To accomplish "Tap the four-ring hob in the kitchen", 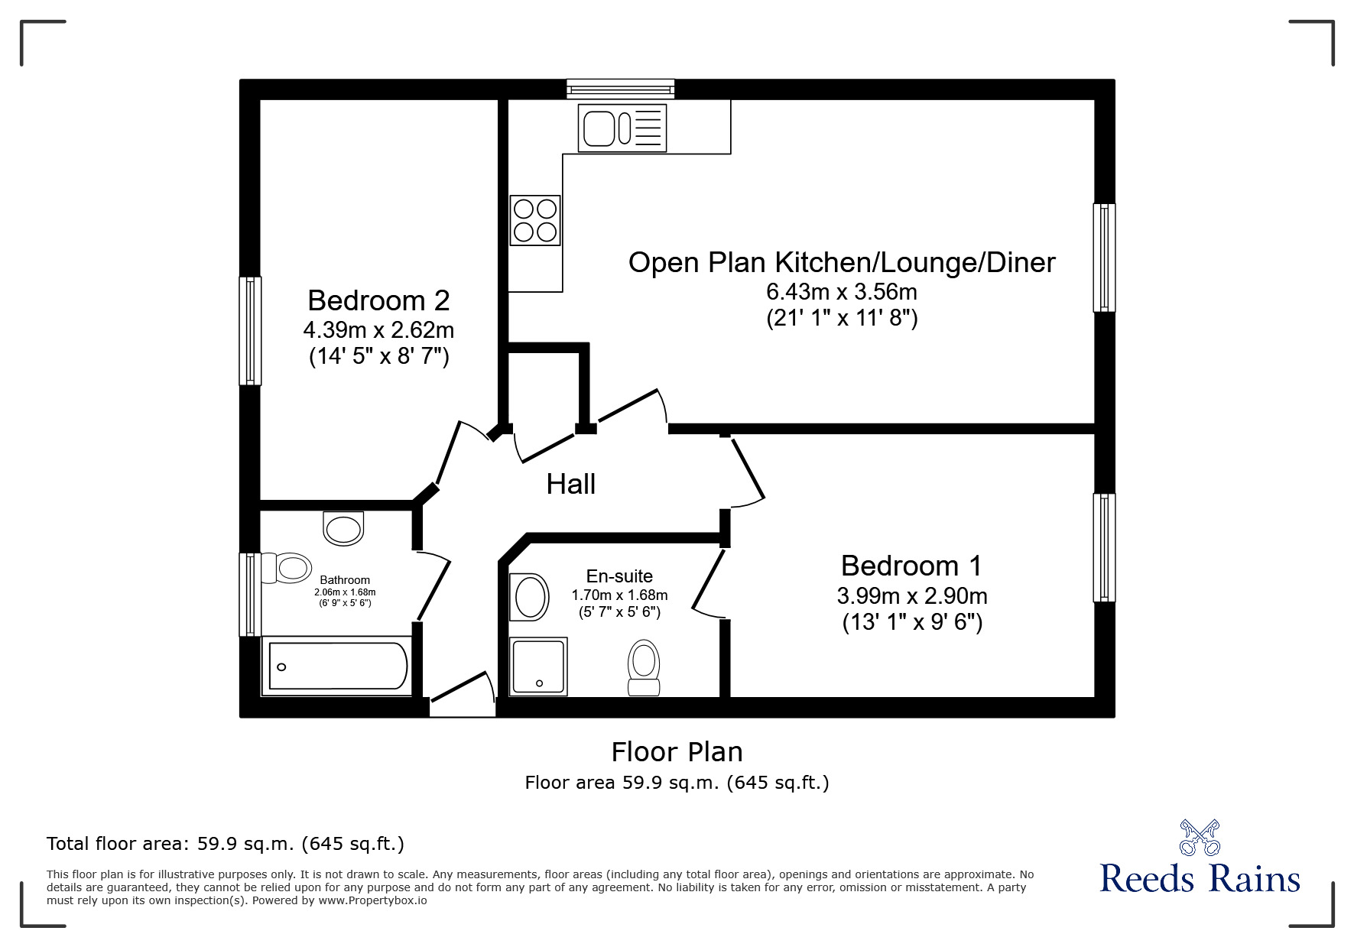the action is (535, 220).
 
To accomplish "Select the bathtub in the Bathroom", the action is (337, 666).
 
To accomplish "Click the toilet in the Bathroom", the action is (286, 568).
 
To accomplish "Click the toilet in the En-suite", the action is (644, 667).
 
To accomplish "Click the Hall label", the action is (571, 484).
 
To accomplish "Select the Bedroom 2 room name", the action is (378, 300).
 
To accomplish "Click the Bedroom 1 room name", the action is (911, 566).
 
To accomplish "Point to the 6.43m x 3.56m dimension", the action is (842, 292).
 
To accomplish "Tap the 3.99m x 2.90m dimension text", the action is (912, 595).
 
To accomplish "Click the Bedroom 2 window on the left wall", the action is (250, 330).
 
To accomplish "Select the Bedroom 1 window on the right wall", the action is (1104, 547).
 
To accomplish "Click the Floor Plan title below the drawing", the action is (677, 752).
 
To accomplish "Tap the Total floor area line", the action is (226, 844).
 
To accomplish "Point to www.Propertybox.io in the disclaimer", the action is (372, 900).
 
